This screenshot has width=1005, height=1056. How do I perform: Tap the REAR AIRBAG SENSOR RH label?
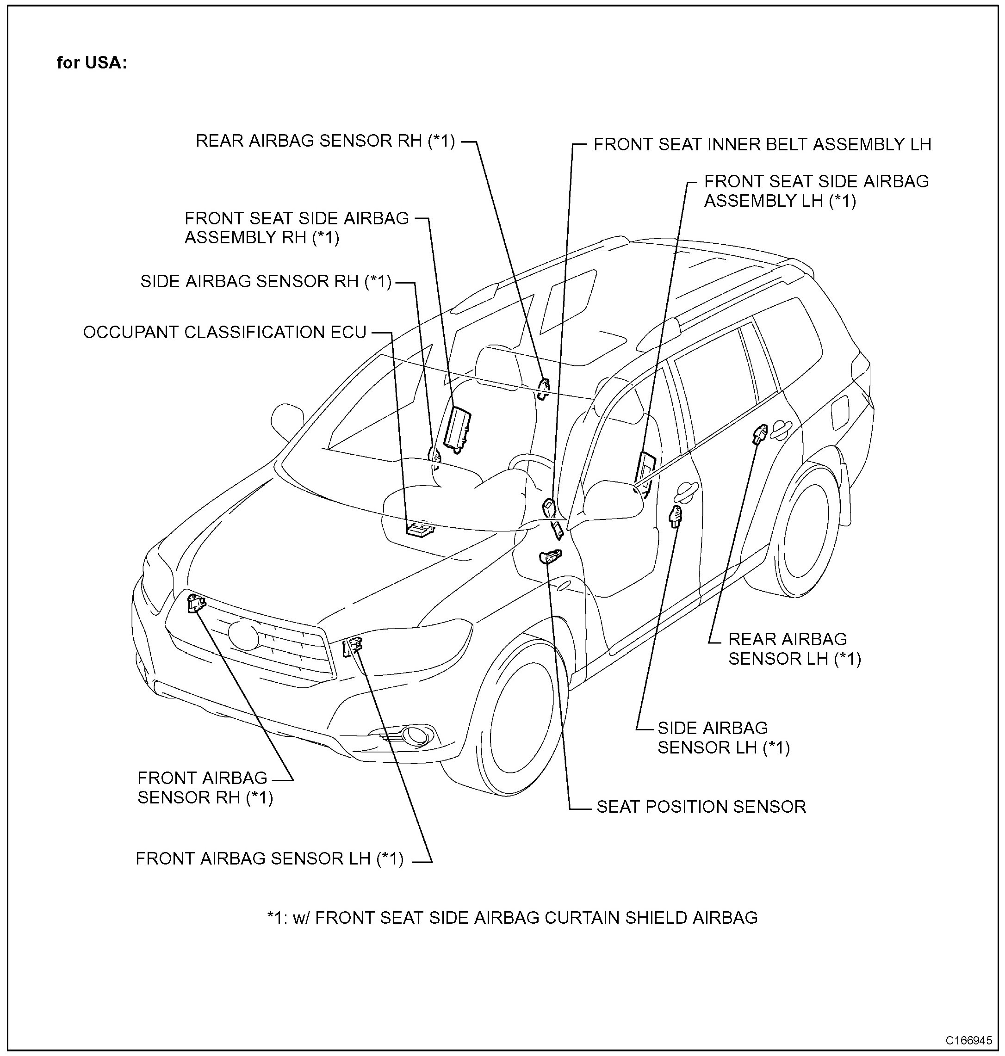[325, 141]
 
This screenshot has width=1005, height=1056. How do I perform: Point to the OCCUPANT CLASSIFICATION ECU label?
[224, 332]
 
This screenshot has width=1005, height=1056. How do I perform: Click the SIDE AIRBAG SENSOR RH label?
[266, 282]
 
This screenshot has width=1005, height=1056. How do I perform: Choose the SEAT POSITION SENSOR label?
[701, 807]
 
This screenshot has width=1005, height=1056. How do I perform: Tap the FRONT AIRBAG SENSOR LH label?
[269, 858]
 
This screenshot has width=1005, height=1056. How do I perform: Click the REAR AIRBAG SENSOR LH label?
[794, 648]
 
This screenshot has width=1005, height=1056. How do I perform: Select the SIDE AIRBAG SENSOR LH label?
[723, 737]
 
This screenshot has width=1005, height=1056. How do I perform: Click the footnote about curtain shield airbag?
[512, 918]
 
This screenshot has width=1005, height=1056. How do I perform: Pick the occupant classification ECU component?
[420, 529]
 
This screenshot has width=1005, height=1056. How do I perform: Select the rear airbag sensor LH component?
[760, 432]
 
